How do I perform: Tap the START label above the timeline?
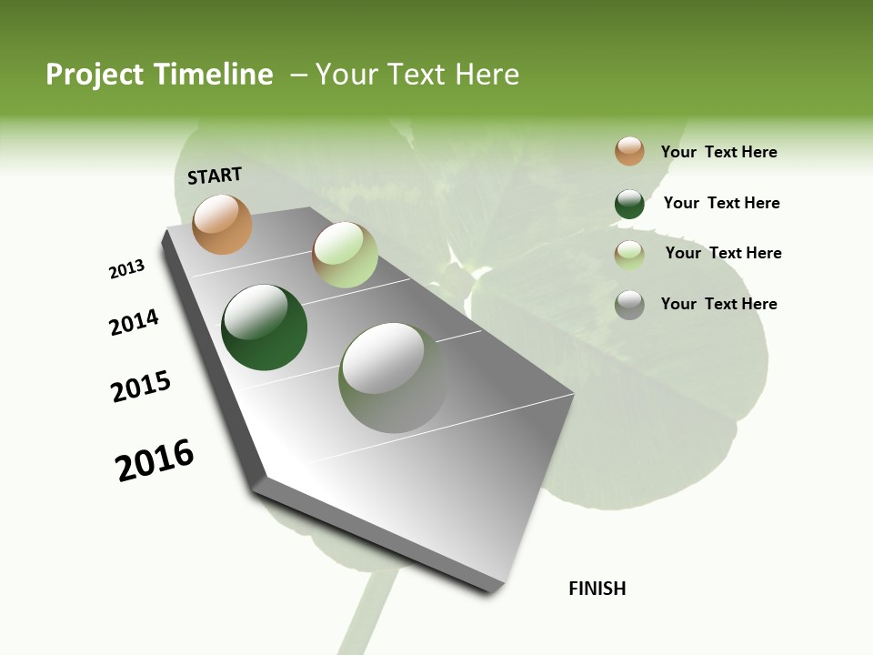(215, 176)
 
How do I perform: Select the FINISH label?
(597, 589)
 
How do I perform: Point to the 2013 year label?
(126, 269)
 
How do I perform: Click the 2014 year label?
(134, 322)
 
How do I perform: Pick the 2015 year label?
(141, 387)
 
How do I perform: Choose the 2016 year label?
(155, 460)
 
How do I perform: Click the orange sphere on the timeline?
(222, 224)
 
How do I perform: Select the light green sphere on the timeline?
(345, 255)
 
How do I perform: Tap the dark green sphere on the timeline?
(264, 327)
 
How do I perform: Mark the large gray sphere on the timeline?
(393, 378)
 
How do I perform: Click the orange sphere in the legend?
(629, 151)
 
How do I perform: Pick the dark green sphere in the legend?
(629, 204)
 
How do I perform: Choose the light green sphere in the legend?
(629, 255)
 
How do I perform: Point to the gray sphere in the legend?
(629, 305)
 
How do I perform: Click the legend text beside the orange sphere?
(718, 152)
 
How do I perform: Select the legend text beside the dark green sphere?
(721, 203)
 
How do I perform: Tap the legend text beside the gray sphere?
(718, 304)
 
